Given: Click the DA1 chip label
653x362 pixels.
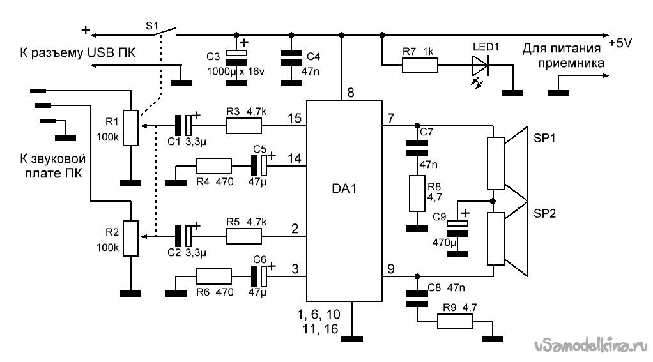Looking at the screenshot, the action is click(344, 188).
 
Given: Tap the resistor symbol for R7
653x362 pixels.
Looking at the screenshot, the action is click(420, 66).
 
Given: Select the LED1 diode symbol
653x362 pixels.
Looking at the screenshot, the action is click(481, 66).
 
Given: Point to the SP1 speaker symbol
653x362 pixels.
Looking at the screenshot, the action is click(508, 158).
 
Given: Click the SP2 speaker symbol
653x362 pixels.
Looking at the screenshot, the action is click(508, 239).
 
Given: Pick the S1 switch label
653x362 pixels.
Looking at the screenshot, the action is click(152, 26).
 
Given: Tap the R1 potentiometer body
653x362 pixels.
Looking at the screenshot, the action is click(131, 128).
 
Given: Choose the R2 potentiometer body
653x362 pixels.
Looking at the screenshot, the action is click(131, 238).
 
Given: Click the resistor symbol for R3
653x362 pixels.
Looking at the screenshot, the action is click(243, 126).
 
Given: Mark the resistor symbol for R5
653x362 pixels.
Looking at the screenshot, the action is click(243, 236).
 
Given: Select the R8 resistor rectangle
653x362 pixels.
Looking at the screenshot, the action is click(417, 193).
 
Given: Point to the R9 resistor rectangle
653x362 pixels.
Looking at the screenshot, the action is click(455, 322).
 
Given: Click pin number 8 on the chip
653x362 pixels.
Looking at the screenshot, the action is click(351, 93).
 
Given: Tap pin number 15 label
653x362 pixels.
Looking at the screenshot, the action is click(295, 118).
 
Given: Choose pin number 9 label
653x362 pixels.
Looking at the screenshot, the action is click(390, 269).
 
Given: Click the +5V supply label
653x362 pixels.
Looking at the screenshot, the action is click(620, 43).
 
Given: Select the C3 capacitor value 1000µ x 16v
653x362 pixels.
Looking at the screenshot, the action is click(236, 72).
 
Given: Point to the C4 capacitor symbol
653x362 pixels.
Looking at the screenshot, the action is click(291, 57).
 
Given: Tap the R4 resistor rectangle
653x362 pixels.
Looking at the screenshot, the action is click(213, 165).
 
